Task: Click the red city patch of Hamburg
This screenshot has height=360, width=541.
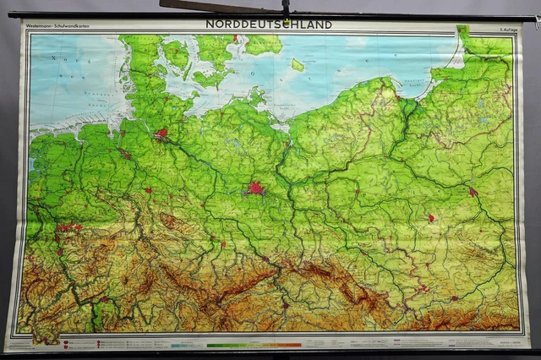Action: coord(161,133)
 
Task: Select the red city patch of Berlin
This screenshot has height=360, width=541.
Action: coord(254,188)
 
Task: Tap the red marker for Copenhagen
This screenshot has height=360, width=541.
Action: coord(236,37)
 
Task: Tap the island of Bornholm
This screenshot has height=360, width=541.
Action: coord(297,64)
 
